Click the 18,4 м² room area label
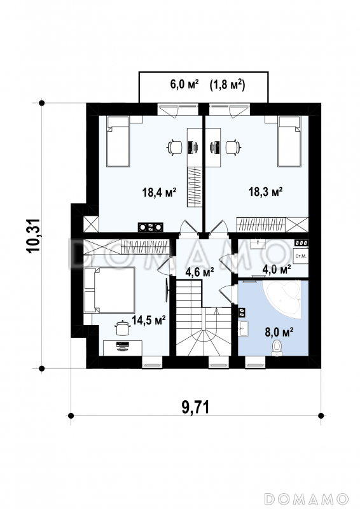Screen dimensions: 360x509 point(159,192)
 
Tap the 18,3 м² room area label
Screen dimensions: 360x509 point(265,192)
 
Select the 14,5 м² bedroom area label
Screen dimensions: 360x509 point(149,320)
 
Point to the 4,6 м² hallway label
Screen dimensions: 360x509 point(199,272)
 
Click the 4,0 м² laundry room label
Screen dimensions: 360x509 point(276,269)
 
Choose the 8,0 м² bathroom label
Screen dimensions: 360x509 point(279,332)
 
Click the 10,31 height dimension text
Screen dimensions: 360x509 point(34,235)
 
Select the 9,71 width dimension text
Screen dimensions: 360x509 point(195,407)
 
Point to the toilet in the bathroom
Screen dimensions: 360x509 point(277,347)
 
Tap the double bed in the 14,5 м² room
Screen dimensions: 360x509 point(109,290)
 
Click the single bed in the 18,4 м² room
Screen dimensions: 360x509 point(118,141)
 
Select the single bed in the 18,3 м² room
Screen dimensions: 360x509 point(289,141)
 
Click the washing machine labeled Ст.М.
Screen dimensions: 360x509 point(301,256)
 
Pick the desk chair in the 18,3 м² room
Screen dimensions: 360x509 point(233,147)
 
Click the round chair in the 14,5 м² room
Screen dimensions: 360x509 point(122,328)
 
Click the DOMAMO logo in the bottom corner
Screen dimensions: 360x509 point(306,498)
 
